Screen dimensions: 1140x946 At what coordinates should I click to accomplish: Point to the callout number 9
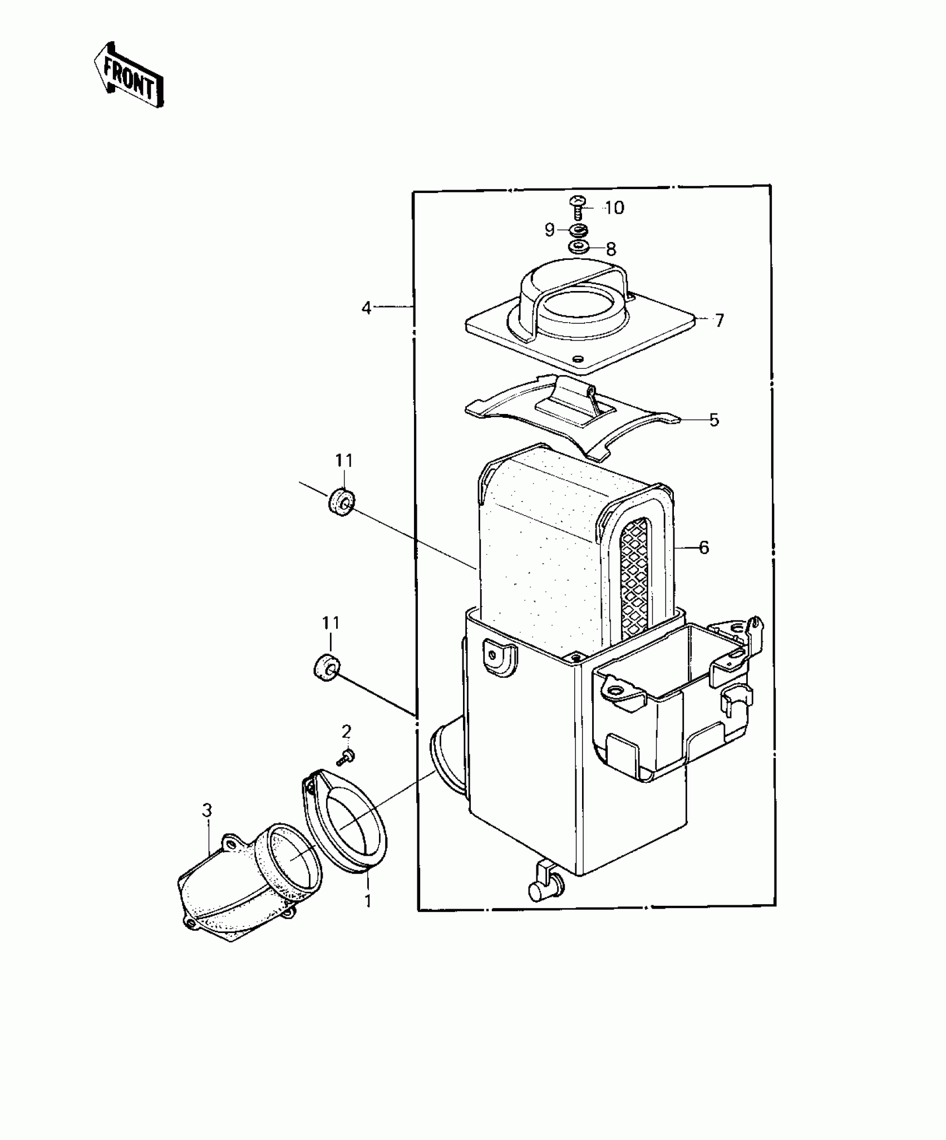point(549,230)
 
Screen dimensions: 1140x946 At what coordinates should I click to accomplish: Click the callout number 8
point(611,249)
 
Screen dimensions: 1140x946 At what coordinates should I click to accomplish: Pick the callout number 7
point(720,320)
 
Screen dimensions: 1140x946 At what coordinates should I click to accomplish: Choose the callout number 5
point(714,420)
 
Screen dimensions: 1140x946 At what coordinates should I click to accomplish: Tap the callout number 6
point(704,547)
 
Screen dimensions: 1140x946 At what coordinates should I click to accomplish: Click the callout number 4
point(366,307)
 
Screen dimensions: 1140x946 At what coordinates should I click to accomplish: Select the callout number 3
point(207,811)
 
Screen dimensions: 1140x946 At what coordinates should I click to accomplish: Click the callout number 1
point(367,901)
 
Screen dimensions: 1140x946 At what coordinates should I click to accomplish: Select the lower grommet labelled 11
point(325,666)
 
